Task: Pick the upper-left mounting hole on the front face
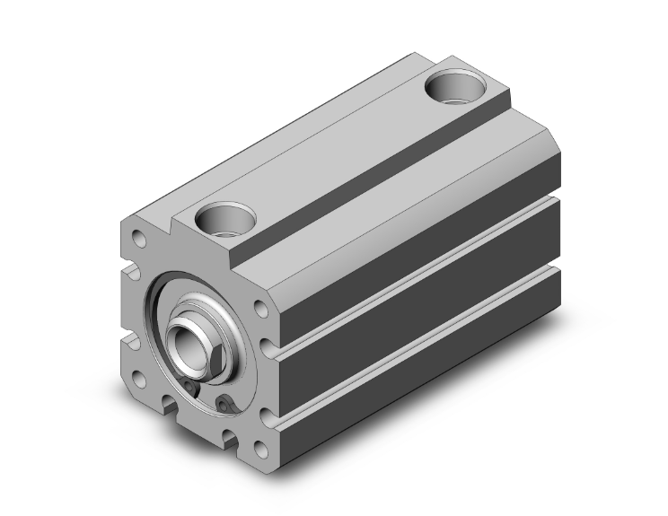[x=138, y=239]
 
